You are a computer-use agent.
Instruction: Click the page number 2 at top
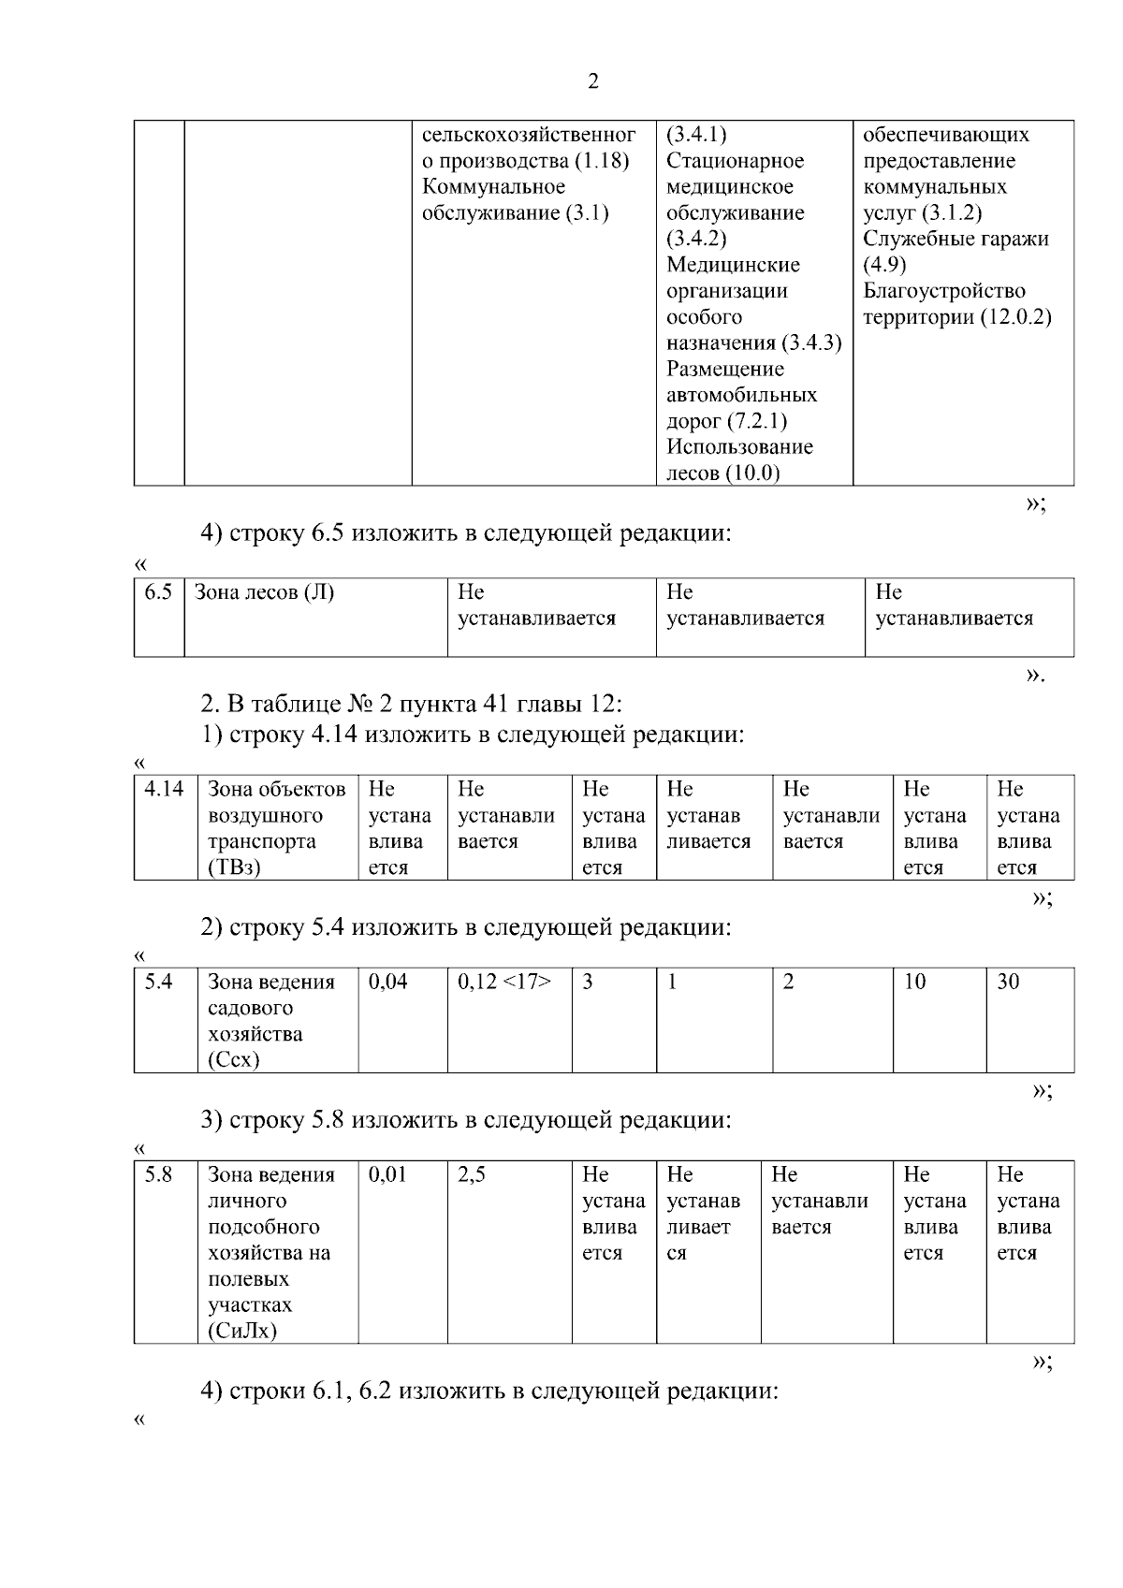point(592,82)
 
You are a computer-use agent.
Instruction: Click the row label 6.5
point(158,592)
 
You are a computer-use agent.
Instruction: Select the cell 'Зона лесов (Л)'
point(264,592)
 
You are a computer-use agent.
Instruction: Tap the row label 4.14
point(164,790)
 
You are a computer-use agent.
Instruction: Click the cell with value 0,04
point(388,983)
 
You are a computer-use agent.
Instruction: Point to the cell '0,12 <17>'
point(504,983)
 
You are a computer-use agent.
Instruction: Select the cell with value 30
point(1008,983)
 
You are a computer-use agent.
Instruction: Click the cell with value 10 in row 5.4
point(914,983)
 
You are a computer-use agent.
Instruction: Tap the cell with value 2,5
point(472,1175)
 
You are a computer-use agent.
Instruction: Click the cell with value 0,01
point(388,1175)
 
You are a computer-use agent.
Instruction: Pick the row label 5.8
point(158,1175)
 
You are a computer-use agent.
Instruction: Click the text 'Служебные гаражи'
point(955,239)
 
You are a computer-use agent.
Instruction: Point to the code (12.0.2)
point(1015,317)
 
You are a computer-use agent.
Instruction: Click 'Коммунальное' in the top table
point(493,187)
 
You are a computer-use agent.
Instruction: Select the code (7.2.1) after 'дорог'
point(756,421)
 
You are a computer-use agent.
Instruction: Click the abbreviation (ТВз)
point(234,867)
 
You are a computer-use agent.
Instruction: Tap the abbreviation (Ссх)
point(234,1060)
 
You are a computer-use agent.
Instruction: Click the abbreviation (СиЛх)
point(242,1332)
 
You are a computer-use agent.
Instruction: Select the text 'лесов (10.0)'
point(722,473)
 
